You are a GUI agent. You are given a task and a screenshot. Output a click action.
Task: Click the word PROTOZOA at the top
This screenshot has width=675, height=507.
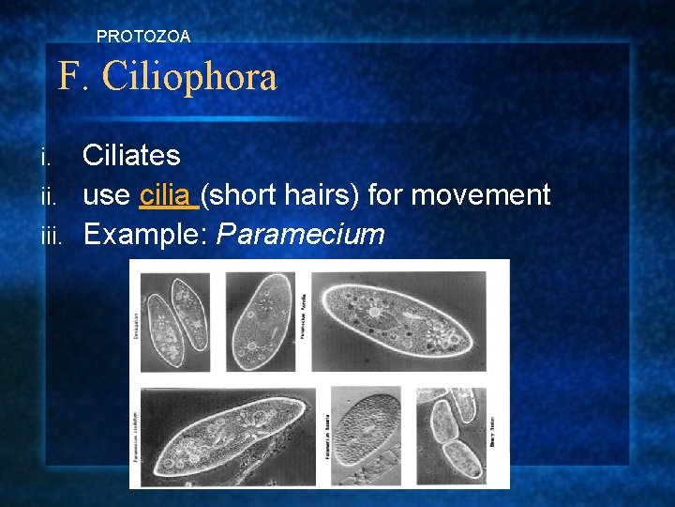point(143,37)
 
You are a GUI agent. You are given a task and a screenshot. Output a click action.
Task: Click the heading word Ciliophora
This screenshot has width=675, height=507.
point(190,77)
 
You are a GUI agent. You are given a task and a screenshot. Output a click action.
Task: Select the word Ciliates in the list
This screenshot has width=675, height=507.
point(131,156)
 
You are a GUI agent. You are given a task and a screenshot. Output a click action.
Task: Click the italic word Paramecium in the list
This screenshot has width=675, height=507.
point(301,234)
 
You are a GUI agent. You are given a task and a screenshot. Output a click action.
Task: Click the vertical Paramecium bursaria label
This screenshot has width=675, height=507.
point(326,436)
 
